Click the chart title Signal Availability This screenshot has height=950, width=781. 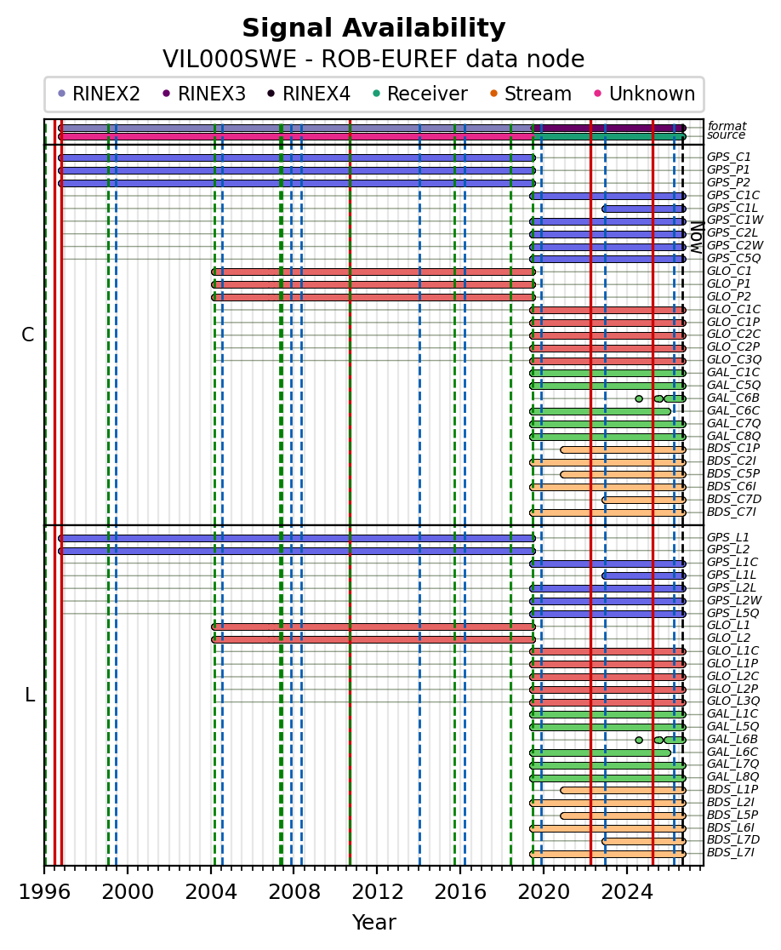373,28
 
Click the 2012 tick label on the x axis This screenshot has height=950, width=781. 377,892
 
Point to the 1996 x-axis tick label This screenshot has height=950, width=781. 44,892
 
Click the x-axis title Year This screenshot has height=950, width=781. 374,922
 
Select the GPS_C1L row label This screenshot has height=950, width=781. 732,208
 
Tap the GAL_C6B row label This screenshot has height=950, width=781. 733,398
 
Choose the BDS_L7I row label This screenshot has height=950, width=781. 731,852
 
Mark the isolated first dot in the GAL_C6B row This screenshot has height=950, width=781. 639,398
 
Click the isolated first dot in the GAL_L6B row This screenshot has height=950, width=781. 639,740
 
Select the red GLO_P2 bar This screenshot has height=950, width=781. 373,297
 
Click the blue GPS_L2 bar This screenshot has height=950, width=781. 297,551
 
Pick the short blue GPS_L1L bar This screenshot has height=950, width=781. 643,575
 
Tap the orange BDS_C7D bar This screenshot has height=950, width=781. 643,500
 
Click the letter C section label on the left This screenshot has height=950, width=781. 28,335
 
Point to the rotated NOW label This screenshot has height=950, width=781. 697,237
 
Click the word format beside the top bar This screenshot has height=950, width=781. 727,126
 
